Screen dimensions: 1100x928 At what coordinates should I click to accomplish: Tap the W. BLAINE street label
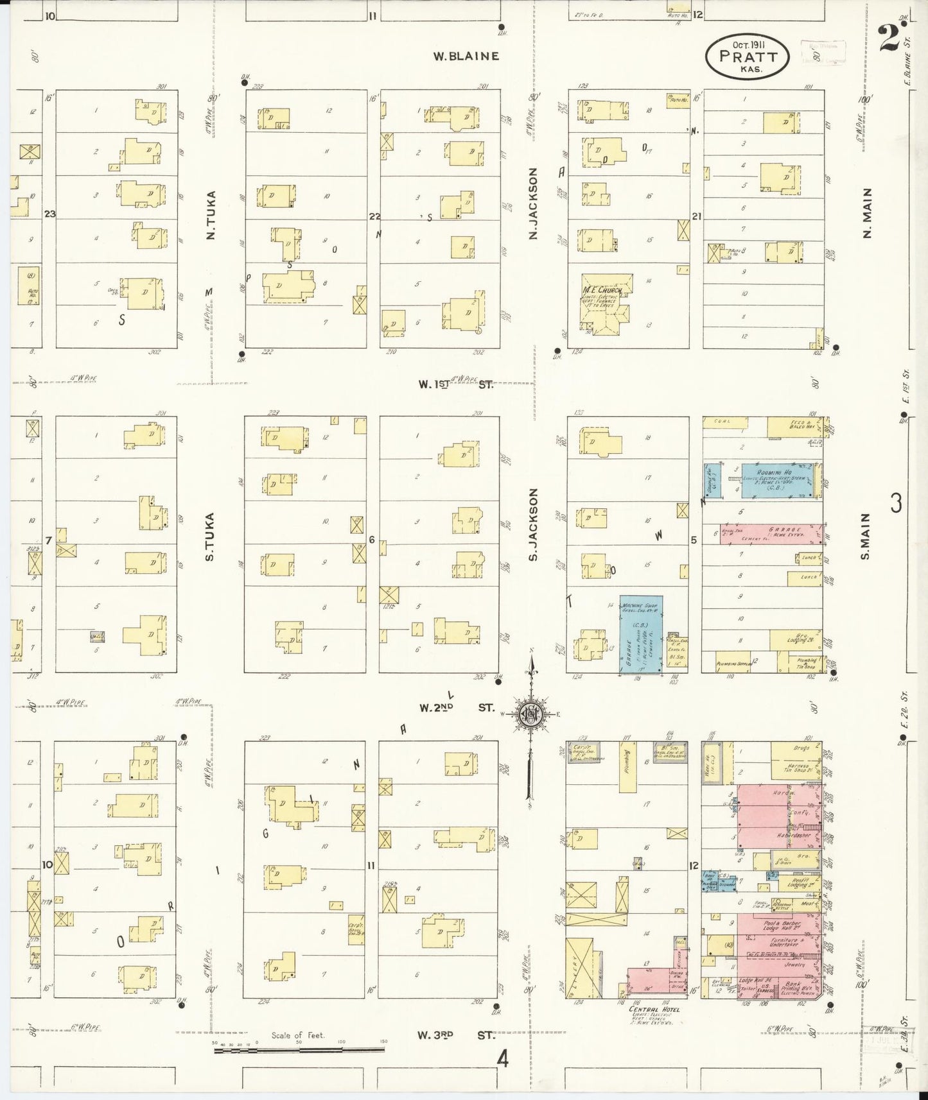[x=466, y=56]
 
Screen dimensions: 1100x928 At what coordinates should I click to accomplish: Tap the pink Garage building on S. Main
[x=771, y=533]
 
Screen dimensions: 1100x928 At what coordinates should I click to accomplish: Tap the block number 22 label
[x=374, y=216]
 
